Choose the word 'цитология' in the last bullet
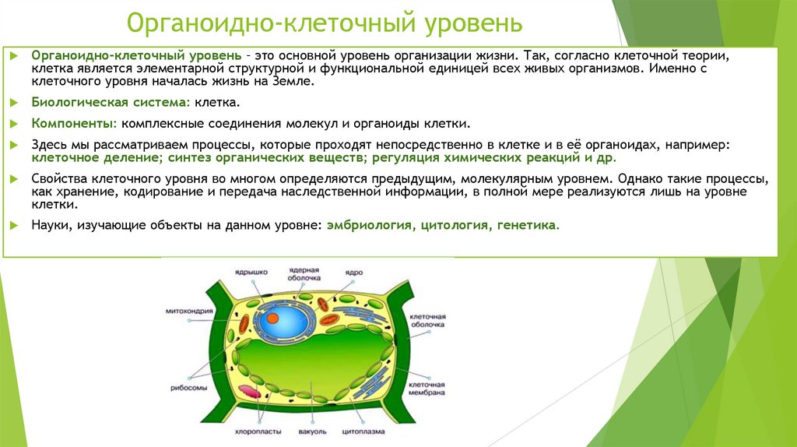tap(454, 225)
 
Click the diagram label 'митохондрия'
tap(184, 311)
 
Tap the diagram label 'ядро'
tap(355, 272)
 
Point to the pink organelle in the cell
tap(248, 392)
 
